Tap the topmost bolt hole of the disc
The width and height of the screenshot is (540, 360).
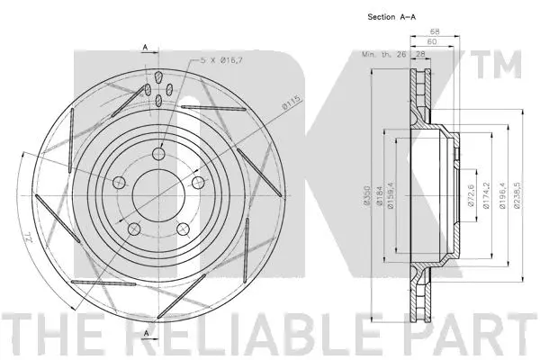(x=159, y=153)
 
